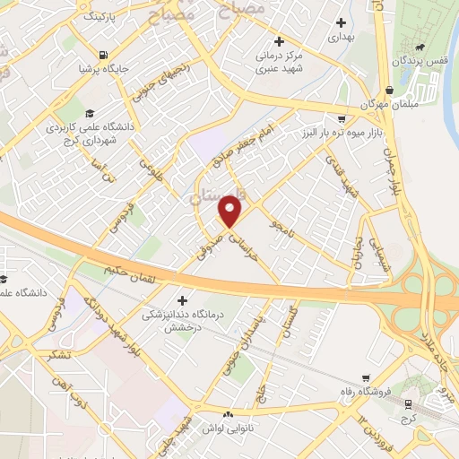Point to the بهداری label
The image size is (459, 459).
(x=341, y=38)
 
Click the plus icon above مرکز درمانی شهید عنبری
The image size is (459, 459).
(x=280, y=40)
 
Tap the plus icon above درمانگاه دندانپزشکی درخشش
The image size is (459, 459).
(x=184, y=300)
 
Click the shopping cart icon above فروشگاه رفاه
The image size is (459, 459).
(x=364, y=377)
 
